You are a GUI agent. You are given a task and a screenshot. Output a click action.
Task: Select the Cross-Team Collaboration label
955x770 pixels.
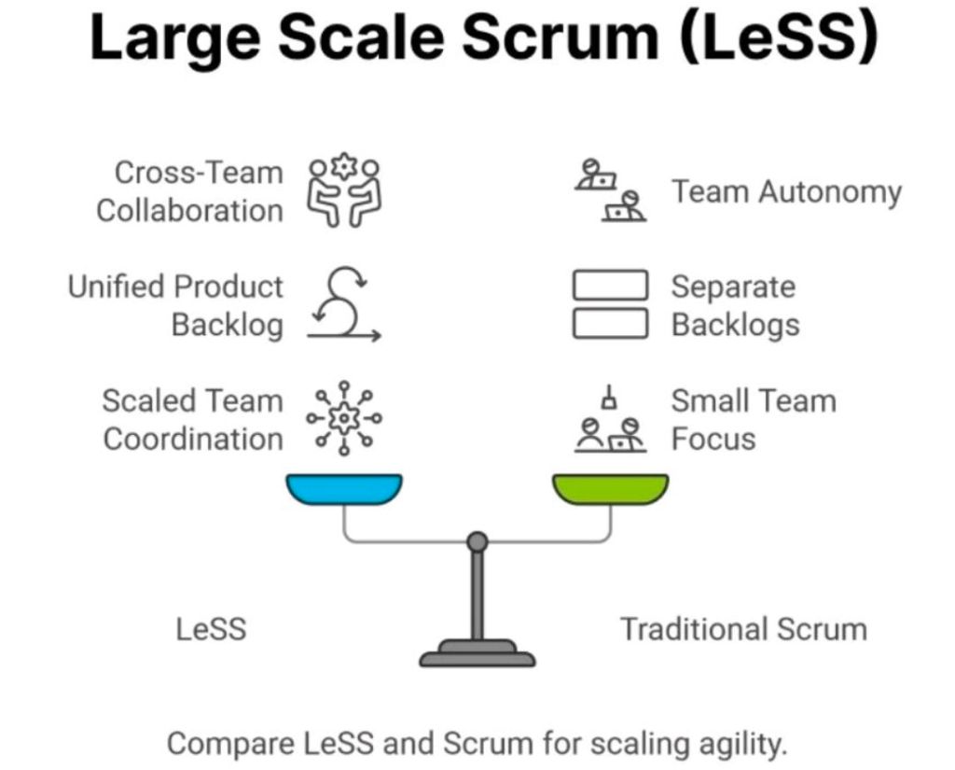(x=190, y=191)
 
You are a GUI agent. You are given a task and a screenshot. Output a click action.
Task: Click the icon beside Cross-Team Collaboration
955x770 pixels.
(x=345, y=191)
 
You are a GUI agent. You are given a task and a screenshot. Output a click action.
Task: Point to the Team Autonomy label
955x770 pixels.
(x=786, y=192)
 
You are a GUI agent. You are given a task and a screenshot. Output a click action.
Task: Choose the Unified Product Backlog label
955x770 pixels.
(x=175, y=305)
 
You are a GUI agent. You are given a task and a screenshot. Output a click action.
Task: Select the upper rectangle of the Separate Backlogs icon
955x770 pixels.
(x=610, y=286)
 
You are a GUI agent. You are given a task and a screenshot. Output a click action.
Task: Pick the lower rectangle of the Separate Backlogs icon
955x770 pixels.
(x=610, y=323)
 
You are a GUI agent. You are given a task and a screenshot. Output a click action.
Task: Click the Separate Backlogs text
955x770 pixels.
(x=735, y=305)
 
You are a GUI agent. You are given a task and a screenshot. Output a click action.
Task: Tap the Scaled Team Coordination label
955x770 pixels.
(x=192, y=420)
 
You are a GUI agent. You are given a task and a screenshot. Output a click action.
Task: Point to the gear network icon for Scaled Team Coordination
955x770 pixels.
(x=344, y=419)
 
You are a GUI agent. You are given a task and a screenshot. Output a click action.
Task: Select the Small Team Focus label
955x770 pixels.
(x=753, y=420)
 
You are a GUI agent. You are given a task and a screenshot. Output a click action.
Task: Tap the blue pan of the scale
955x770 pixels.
(x=344, y=489)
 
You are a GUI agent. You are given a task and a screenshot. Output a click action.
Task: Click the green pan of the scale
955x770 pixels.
(x=610, y=489)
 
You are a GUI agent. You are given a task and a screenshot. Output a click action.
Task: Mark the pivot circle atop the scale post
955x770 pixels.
(x=477, y=541)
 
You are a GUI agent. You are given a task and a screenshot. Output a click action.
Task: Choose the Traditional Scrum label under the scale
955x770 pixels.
(x=743, y=629)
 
